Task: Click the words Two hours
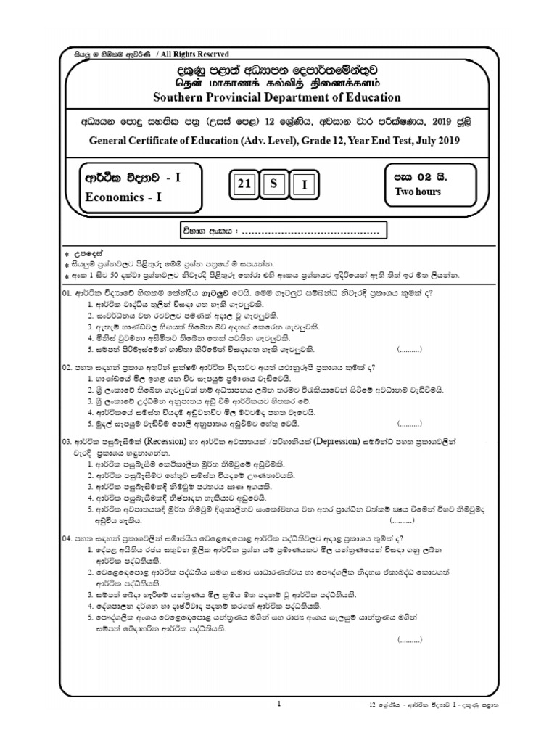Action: point(417,192)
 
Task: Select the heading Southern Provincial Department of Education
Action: point(276,97)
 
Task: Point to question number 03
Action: point(66,440)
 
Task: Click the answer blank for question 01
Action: point(410,349)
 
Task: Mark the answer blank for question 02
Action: point(410,422)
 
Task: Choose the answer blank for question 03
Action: point(403,521)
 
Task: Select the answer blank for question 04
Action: point(410,640)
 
